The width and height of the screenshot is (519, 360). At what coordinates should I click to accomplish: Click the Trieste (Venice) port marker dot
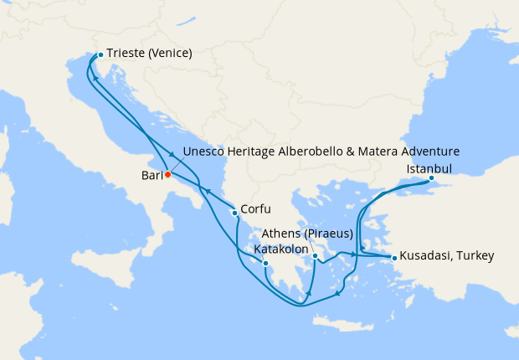[100, 54]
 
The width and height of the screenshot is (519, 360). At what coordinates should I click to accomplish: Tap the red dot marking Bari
[167, 175]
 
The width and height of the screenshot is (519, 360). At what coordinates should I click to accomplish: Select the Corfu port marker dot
[234, 213]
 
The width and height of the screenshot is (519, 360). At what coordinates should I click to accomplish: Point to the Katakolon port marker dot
[265, 263]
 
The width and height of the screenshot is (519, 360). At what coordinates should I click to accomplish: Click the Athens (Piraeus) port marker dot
[315, 244]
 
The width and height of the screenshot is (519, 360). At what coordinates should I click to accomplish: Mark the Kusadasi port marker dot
[394, 257]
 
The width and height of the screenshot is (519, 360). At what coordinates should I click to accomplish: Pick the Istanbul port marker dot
[431, 178]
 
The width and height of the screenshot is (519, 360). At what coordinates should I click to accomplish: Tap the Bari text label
[151, 176]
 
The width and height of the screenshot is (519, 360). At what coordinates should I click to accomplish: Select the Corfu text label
[254, 209]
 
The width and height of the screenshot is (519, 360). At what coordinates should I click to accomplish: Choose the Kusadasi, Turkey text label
[447, 255]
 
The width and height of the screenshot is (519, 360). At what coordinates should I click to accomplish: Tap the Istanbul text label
[429, 167]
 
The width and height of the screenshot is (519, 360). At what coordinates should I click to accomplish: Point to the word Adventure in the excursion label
[429, 152]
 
